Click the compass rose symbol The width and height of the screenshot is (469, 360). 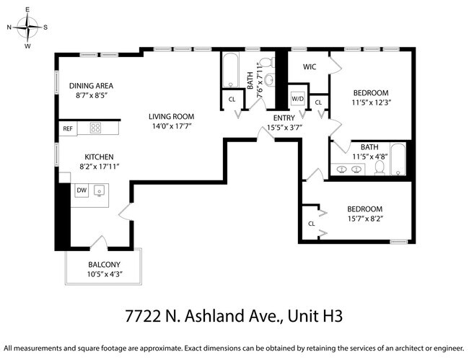[27, 27]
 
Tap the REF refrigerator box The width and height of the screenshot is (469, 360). [68, 129]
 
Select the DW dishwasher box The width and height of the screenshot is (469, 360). [82, 190]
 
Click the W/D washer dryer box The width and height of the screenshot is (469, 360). [298, 98]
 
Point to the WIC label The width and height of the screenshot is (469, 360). [310, 67]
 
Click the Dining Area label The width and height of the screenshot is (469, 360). [96, 85]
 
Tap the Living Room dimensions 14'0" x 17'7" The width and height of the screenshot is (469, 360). [172, 126]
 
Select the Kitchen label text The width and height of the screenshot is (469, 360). [99, 157]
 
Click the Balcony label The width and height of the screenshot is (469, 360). [104, 264]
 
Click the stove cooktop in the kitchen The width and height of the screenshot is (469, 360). [96, 128]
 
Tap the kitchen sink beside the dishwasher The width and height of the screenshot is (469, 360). [100, 190]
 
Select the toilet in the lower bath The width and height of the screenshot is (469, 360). [379, 167]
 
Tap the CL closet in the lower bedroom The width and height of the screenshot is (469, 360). [312, 223]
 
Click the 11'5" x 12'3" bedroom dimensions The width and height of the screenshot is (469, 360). [371, 102]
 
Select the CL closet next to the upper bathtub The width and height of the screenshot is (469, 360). [232, 99]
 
